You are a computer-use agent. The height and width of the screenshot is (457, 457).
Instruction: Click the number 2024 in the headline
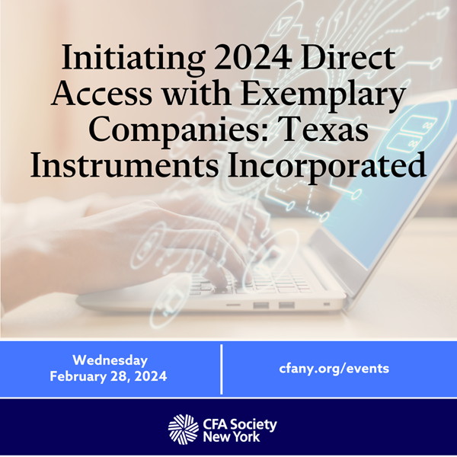[x=253, y=56]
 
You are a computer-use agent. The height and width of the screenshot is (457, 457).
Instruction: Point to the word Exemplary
[x=323, y=96]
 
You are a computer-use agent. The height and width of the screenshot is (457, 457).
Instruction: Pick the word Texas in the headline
[x=324, y=129]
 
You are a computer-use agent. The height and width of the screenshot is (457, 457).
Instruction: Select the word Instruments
[x=124, y=165]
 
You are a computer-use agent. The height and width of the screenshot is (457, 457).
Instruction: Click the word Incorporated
[x=327, y=167]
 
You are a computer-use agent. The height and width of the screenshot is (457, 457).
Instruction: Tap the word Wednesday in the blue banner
[x=110, y=360]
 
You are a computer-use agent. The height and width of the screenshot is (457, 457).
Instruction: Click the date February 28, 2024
[x=108, y=376]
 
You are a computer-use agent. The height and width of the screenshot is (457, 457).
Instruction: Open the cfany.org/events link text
[x=334, y=369]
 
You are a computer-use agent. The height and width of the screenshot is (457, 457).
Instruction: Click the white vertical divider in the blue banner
[x=222, y=369]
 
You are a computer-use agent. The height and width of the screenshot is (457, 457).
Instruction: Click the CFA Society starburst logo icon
[x=184, y=428]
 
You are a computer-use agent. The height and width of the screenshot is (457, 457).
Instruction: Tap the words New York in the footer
[x=231, y=437]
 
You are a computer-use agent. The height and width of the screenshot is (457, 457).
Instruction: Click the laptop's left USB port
[x=260, y=305]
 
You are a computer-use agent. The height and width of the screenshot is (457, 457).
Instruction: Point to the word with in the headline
[x=197, y=93]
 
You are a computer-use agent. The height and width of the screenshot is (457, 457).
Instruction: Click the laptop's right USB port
[x=286, y=305]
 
